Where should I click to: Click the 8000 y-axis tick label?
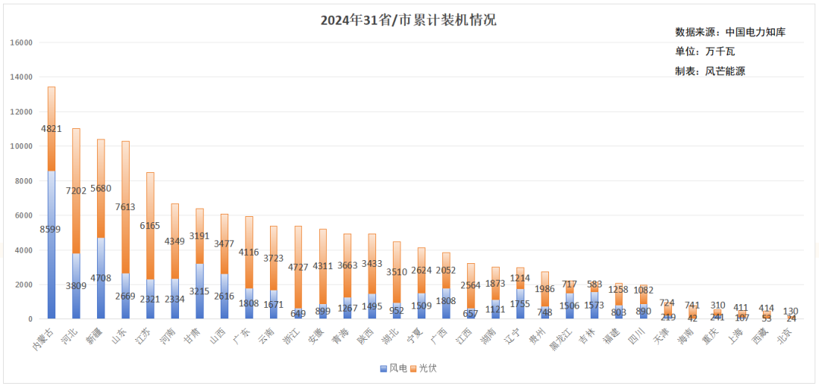tap(24, 181)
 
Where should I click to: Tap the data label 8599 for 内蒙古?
tap(51, 229)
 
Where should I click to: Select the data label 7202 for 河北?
tap(76, 191)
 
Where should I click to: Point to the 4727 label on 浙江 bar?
tap(298, 267)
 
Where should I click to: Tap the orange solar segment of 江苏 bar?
tap(150, 197)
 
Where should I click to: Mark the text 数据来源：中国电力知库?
tap(730, 32)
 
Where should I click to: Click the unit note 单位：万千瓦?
tap(704, 52)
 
